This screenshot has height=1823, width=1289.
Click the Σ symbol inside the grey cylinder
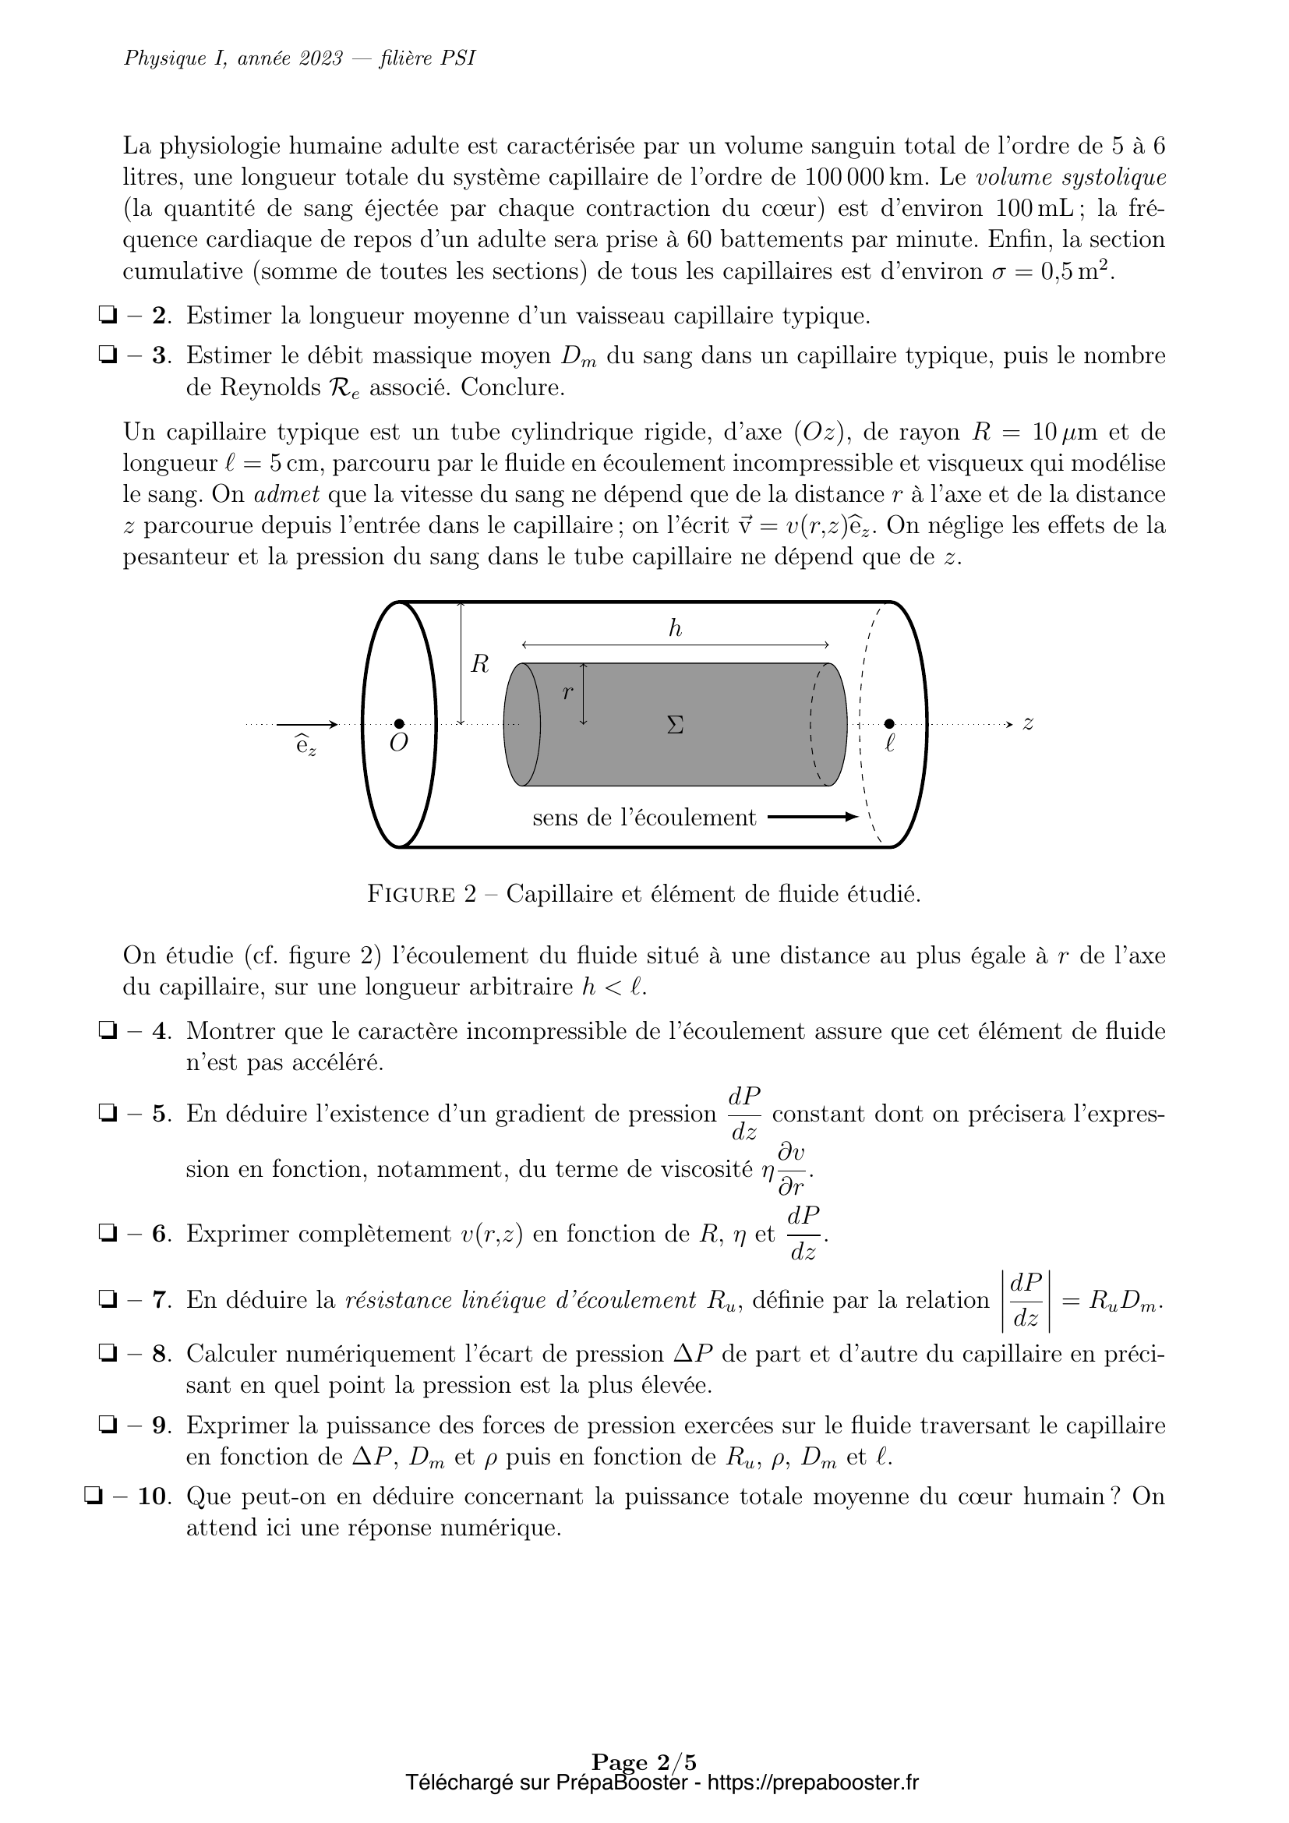[x=676, y=725]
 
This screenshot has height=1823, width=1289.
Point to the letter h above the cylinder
[x=676, y=630]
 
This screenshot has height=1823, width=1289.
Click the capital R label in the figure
[x=479, y=665]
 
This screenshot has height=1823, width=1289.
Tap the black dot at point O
[x=399, y=723]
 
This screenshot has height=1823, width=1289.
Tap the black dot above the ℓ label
[x=889, y=723]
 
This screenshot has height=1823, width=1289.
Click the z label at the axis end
[x=1028, y=723]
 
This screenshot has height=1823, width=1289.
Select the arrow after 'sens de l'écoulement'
[x=813, y=817]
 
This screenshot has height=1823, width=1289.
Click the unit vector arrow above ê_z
[x=307, y=724]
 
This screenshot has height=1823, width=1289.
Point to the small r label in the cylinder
[x=567, y=692]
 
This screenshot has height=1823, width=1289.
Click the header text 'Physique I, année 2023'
[x=234, y=58]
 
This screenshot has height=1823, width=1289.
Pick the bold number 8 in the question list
[x=161, y=1354]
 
